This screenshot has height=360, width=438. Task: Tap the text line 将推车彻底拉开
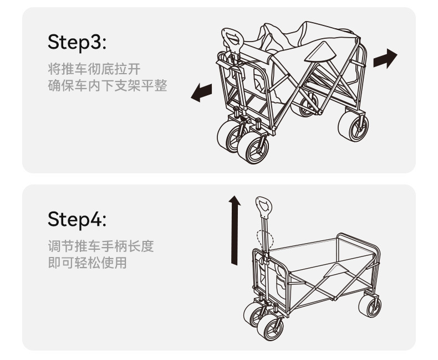pyautogui.click(x=94, y=69)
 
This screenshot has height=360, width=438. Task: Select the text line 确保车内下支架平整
pyautogui.click(x=108, y=86)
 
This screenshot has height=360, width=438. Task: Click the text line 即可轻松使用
pyautogui.click(x=88, y=263)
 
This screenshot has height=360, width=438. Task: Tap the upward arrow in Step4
pyautogui.click(x=235, y=230)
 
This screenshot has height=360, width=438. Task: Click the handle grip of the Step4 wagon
pyautogui.click(x=264, y=207)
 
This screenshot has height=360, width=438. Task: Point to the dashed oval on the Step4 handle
pyautogui.click(x=265, y=240)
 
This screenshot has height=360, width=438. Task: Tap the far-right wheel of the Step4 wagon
pyautogui.click(x=369, y=305)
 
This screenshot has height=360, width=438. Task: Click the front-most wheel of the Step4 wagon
pyautogui.click(x=271, y=328)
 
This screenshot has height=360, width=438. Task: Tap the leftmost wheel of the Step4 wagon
pyautogui.click(x=254, y=314)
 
